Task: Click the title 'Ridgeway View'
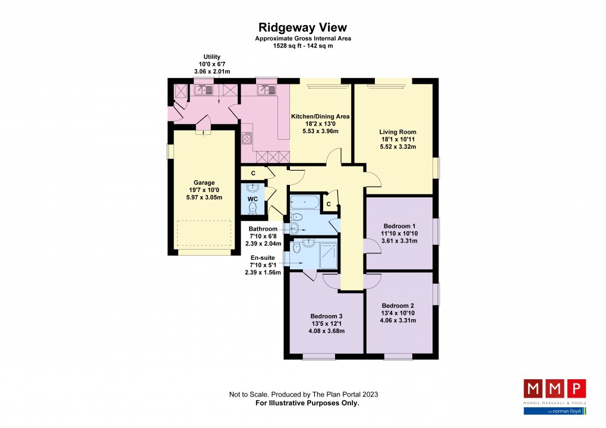[302, 27]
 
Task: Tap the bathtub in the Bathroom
[305, 204]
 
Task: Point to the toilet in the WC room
[254, 207]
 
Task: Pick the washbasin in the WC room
[254, 187]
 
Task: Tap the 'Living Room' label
[397, 132]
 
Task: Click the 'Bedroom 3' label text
[326, 316]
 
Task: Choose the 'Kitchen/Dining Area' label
[320, 117]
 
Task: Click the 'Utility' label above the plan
[212, 57]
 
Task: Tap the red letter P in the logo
[576, 389]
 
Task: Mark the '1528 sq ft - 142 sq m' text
[302, 45]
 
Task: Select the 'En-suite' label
[262, 258]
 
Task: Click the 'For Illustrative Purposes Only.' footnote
[303, 403]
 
